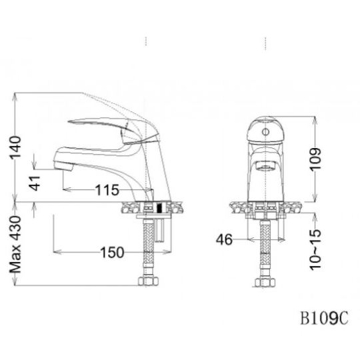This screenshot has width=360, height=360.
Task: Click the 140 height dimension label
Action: click(x=15, y=147)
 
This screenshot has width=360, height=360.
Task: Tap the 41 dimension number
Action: click(x=35, y=183)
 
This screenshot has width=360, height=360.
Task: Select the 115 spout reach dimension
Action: click(x=107, y=190)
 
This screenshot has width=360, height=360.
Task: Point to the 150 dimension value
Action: click(x=113, y=252)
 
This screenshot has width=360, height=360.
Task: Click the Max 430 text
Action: click(x=15, y=245)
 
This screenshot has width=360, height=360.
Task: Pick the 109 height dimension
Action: click(x=315, y=159)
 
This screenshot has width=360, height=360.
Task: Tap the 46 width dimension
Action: click(x=224, y=239)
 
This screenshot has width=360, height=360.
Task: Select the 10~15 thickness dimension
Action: click(x=315, y=249)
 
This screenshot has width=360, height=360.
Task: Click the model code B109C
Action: click(x=325, y=318)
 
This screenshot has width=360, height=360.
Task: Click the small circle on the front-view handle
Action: click(x=265, y=132)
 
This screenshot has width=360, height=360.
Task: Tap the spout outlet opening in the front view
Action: click(x=265, y=167)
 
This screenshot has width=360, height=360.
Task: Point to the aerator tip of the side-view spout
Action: click(x=65, y=166)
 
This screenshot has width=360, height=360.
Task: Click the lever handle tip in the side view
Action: click(x=69, y=121)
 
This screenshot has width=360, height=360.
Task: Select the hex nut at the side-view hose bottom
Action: click(x=149, y=281)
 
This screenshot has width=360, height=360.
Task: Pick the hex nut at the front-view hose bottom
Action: click(x=265, y=282)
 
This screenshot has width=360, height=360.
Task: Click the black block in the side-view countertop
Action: click(x=159, y=207)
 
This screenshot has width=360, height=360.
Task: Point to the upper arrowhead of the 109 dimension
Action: click(x=315, y=120)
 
